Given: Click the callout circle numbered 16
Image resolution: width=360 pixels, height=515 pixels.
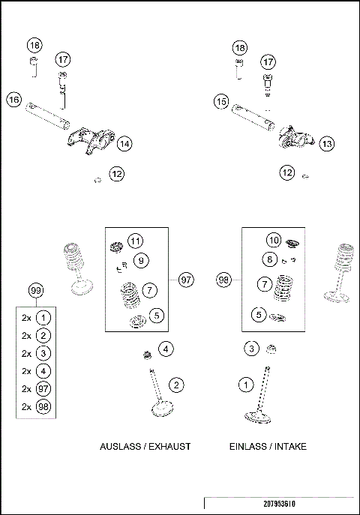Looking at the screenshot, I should [13, 98].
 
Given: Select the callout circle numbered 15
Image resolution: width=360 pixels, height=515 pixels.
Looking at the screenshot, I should [220, 100].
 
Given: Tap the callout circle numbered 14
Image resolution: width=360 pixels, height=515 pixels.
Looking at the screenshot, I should [124, 142].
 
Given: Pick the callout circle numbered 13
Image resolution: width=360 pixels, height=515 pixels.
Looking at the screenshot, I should [325, 142].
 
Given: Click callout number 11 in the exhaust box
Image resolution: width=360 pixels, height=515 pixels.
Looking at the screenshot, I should [134, 241].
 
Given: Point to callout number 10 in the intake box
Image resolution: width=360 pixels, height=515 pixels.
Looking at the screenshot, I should [274, 240].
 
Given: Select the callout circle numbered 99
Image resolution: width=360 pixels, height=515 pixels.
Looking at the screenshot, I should [35, 290].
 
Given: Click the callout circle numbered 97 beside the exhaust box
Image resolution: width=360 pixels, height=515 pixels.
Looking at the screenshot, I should [186, 279].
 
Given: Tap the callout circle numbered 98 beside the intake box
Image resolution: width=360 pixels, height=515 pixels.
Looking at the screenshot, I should [223, 279].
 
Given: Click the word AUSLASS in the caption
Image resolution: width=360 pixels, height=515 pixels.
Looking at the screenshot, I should [118, 446].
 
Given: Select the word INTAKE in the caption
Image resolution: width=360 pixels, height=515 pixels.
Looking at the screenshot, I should [289, 446].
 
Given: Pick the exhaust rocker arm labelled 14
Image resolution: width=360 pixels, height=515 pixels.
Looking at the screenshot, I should [89, 142].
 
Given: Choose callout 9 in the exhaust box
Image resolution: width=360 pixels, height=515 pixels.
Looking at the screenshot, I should [140, 261].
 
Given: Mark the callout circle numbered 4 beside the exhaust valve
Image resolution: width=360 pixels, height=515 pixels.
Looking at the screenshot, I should [166, 348].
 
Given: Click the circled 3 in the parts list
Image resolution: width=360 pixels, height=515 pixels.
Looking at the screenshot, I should [44, 353].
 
